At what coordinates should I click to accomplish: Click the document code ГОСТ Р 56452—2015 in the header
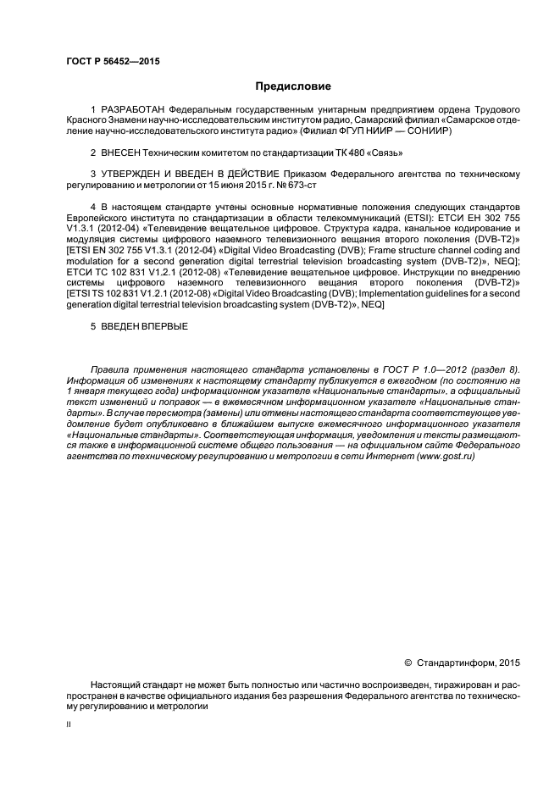pos(113,61)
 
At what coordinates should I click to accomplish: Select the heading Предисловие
pos(292,86)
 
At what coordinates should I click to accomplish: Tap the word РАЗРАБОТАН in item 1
pos(133,110)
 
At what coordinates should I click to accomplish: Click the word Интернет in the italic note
pos(386,457)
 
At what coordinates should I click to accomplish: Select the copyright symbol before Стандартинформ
pos(408,661)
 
